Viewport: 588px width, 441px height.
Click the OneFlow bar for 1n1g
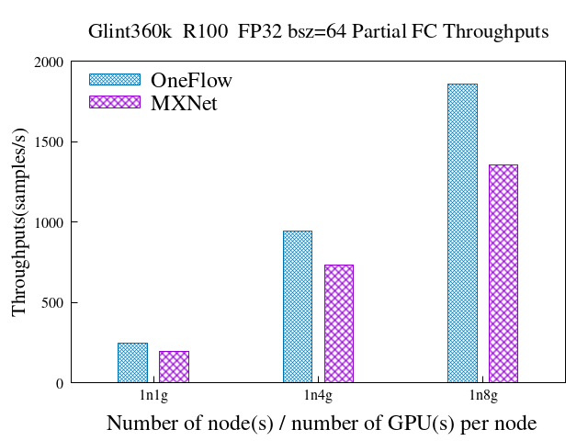tap(132, 363)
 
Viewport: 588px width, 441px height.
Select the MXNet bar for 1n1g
tap(174, 367)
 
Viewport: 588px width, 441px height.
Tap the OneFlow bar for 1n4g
tap(297, 307)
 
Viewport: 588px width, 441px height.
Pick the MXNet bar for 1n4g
tap(338, 323)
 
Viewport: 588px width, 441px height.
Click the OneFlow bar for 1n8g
tap(462, 233)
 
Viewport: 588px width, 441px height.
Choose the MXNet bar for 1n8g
tap(503, 274)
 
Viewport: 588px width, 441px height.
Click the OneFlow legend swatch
tap(115, 80)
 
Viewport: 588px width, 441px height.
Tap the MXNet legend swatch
tap(115, 102)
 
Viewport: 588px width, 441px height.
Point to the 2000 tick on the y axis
tap(49, 62)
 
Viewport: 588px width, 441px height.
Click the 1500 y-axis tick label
tap(49, 142)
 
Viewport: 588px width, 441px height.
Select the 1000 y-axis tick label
tap(49, 222)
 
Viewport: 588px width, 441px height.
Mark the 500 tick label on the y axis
tap(52, 303)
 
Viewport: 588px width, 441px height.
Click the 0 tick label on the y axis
tap(60, 383)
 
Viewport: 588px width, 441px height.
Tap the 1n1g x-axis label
tap(153, 396)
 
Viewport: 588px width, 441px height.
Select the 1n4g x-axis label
tap(318, 396)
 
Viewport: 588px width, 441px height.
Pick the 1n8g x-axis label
tap(482, 396)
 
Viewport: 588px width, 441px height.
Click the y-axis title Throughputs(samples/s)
tap(19, 222)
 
